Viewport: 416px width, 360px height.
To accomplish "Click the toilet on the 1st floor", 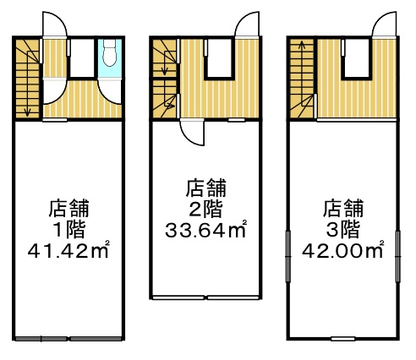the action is coord(109,52).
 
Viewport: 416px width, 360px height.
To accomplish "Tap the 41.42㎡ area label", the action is coord(68,250).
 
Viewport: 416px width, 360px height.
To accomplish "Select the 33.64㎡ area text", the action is coord(206,230).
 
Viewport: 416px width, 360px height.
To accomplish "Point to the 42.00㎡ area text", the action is coord(343,250).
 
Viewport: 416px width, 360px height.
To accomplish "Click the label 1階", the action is coord(69,230).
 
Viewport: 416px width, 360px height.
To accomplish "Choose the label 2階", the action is coord(205,209).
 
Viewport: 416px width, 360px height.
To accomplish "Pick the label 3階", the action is coord(343,230).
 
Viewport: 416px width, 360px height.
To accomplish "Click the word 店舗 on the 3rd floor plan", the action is coord(343,209).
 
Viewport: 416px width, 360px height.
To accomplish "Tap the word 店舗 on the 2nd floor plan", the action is coord(206,188).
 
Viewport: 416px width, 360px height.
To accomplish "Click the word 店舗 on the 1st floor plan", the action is coord(69,209).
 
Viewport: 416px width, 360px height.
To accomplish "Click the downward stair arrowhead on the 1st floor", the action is coord(27,113).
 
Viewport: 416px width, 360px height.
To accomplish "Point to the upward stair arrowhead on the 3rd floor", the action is coord(302,43).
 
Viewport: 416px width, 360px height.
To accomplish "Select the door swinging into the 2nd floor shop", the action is coord(193,133).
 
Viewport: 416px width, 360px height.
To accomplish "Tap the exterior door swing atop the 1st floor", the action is coord(55,25).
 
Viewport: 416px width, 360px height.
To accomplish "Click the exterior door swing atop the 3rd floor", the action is coord(384,25).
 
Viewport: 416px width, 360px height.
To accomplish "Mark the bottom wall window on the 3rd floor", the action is coord(342,339).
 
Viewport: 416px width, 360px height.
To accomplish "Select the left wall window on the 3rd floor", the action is coord(288,256).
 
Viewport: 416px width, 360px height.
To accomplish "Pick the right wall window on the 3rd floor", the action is coord(397,256).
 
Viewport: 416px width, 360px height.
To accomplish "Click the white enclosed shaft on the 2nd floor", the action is coord(219,58).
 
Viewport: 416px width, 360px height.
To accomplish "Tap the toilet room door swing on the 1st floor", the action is coord(109,93).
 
